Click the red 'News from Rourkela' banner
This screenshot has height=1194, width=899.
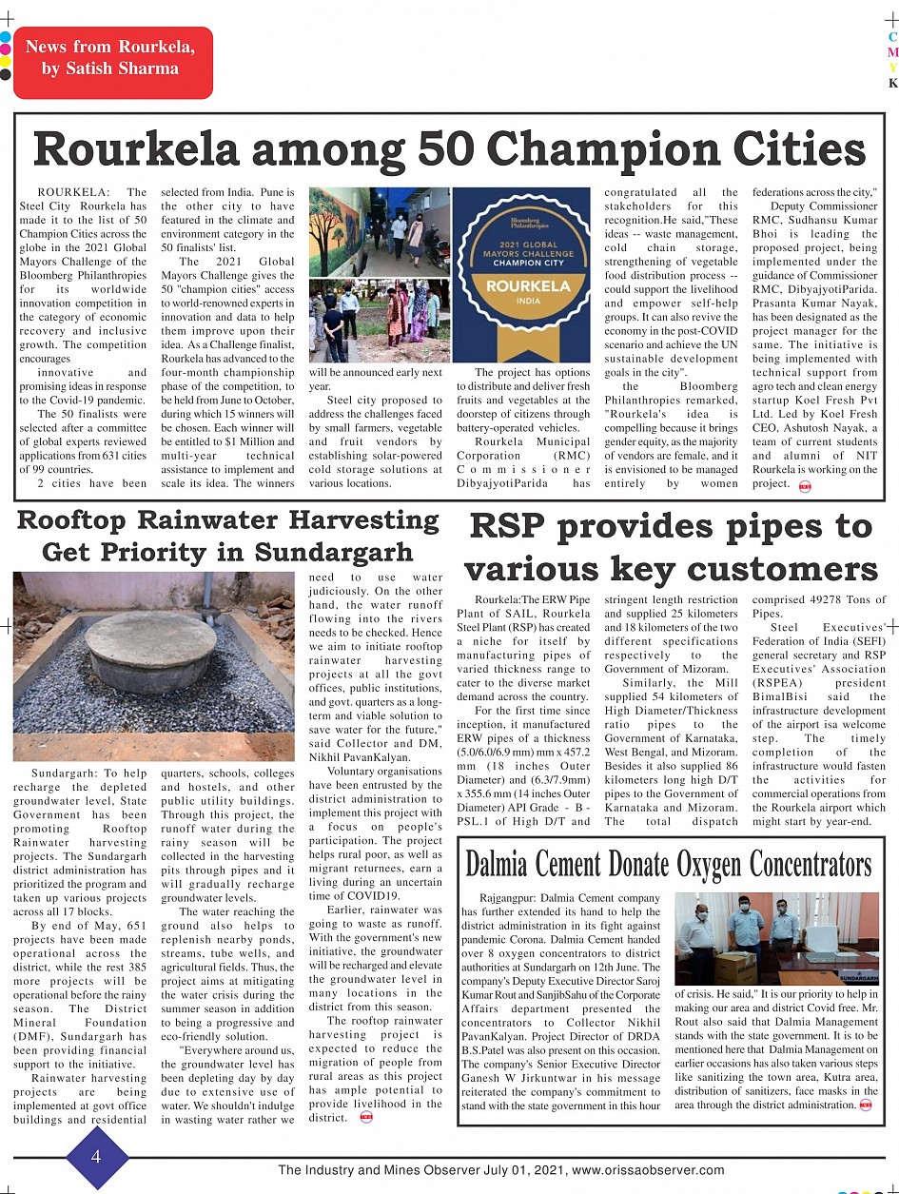click(112, 59)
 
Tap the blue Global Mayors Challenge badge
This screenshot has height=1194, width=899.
click(526, 275)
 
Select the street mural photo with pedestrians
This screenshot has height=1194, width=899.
click(379, 230)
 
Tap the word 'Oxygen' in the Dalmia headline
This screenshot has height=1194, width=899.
click(712, 865)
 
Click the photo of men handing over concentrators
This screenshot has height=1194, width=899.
click(776, 938)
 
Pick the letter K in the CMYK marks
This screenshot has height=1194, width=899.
click(892, 83)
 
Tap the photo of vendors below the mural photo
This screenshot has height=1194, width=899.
click(379, 321)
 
